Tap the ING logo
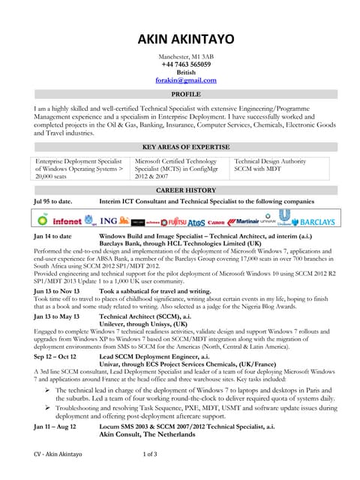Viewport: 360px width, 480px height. coord(109,222)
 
